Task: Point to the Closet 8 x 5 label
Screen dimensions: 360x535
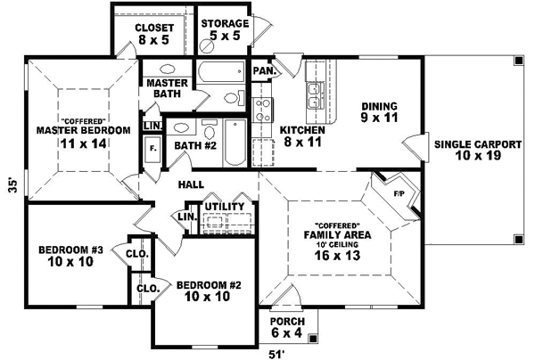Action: pyautogui.click(x=152, y=33)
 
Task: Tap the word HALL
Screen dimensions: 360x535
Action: pyautogui.click(x=190, y=184)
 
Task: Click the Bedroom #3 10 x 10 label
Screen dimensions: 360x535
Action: pyautogui.click(x=72, y=257)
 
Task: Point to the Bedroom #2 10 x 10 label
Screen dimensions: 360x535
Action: pyautogui.click(x=210, y=290)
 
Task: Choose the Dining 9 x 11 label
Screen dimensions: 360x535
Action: pyautogui.click(x=378, y=110)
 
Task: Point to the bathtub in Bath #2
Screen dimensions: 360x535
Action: pyautogui.click(x=234, y=143)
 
